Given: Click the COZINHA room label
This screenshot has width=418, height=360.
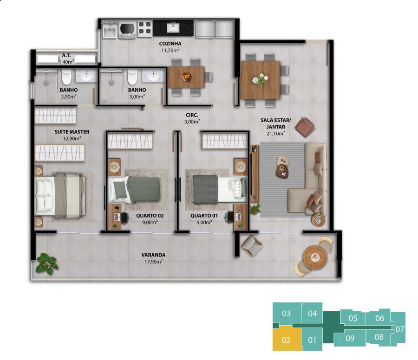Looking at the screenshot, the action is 170,44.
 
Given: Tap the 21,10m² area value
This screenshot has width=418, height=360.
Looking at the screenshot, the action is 275,134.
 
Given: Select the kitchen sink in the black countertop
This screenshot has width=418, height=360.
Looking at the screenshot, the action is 173,27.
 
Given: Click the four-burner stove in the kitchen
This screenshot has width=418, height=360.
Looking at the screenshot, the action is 145,28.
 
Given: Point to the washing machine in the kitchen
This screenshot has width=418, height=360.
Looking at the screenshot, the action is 127,29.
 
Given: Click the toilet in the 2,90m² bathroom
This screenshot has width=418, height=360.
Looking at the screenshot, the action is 66,77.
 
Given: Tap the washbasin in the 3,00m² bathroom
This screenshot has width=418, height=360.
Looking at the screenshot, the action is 153,76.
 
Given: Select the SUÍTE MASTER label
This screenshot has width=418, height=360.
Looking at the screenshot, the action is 72,132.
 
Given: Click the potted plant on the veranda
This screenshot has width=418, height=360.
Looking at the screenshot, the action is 47,264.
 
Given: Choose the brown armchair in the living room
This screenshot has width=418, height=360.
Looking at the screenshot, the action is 305,127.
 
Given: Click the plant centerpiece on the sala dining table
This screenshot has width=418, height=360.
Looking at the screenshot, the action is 260,80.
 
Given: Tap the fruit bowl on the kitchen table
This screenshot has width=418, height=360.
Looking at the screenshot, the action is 186,77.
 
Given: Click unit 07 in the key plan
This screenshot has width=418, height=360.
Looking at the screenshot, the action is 399,329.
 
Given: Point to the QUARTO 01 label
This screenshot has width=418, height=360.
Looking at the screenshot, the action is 204,216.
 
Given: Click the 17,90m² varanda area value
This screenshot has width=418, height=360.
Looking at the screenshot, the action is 153,262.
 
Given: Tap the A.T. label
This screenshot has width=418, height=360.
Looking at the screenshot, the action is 66,55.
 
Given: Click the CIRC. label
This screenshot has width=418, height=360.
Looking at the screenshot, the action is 192,115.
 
